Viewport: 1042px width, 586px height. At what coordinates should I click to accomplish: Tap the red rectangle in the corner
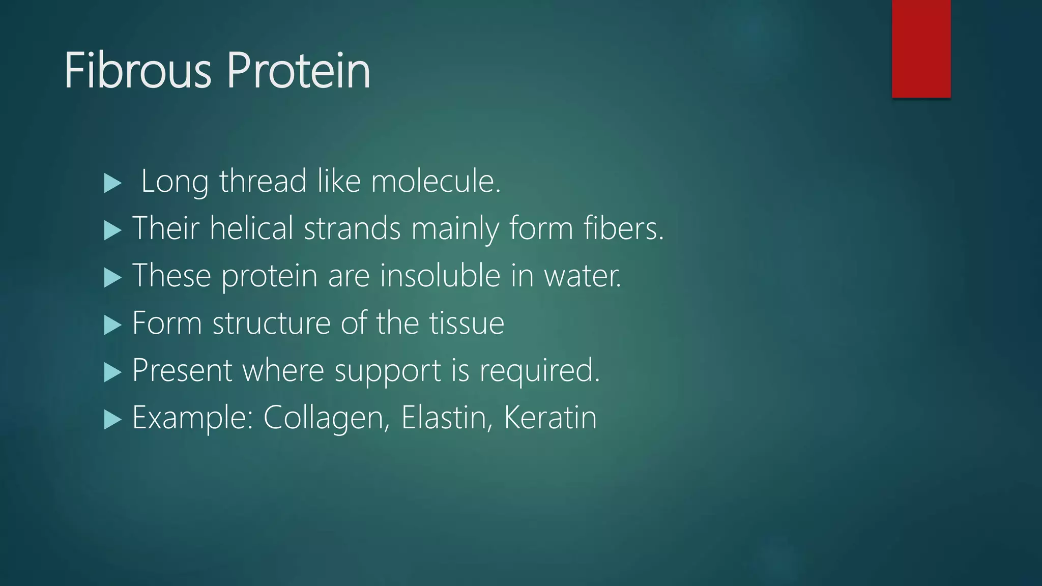click(921, 48)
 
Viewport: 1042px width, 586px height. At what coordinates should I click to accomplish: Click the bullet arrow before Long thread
click(112, 183)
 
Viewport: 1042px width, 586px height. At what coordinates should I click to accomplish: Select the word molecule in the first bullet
click(436, 181)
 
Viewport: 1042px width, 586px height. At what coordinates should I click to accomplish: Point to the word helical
click(252, 228)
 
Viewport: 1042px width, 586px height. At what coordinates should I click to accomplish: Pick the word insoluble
click(440, 275)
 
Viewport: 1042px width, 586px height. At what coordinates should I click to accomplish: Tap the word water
click(583, 276)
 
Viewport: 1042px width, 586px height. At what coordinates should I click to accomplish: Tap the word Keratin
click(550, 418)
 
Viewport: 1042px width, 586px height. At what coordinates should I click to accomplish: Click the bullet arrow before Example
click(112, 420)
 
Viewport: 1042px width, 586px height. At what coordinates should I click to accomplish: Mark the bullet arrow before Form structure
click(112, 325)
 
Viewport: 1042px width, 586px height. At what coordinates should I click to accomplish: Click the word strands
click(352, 228)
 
